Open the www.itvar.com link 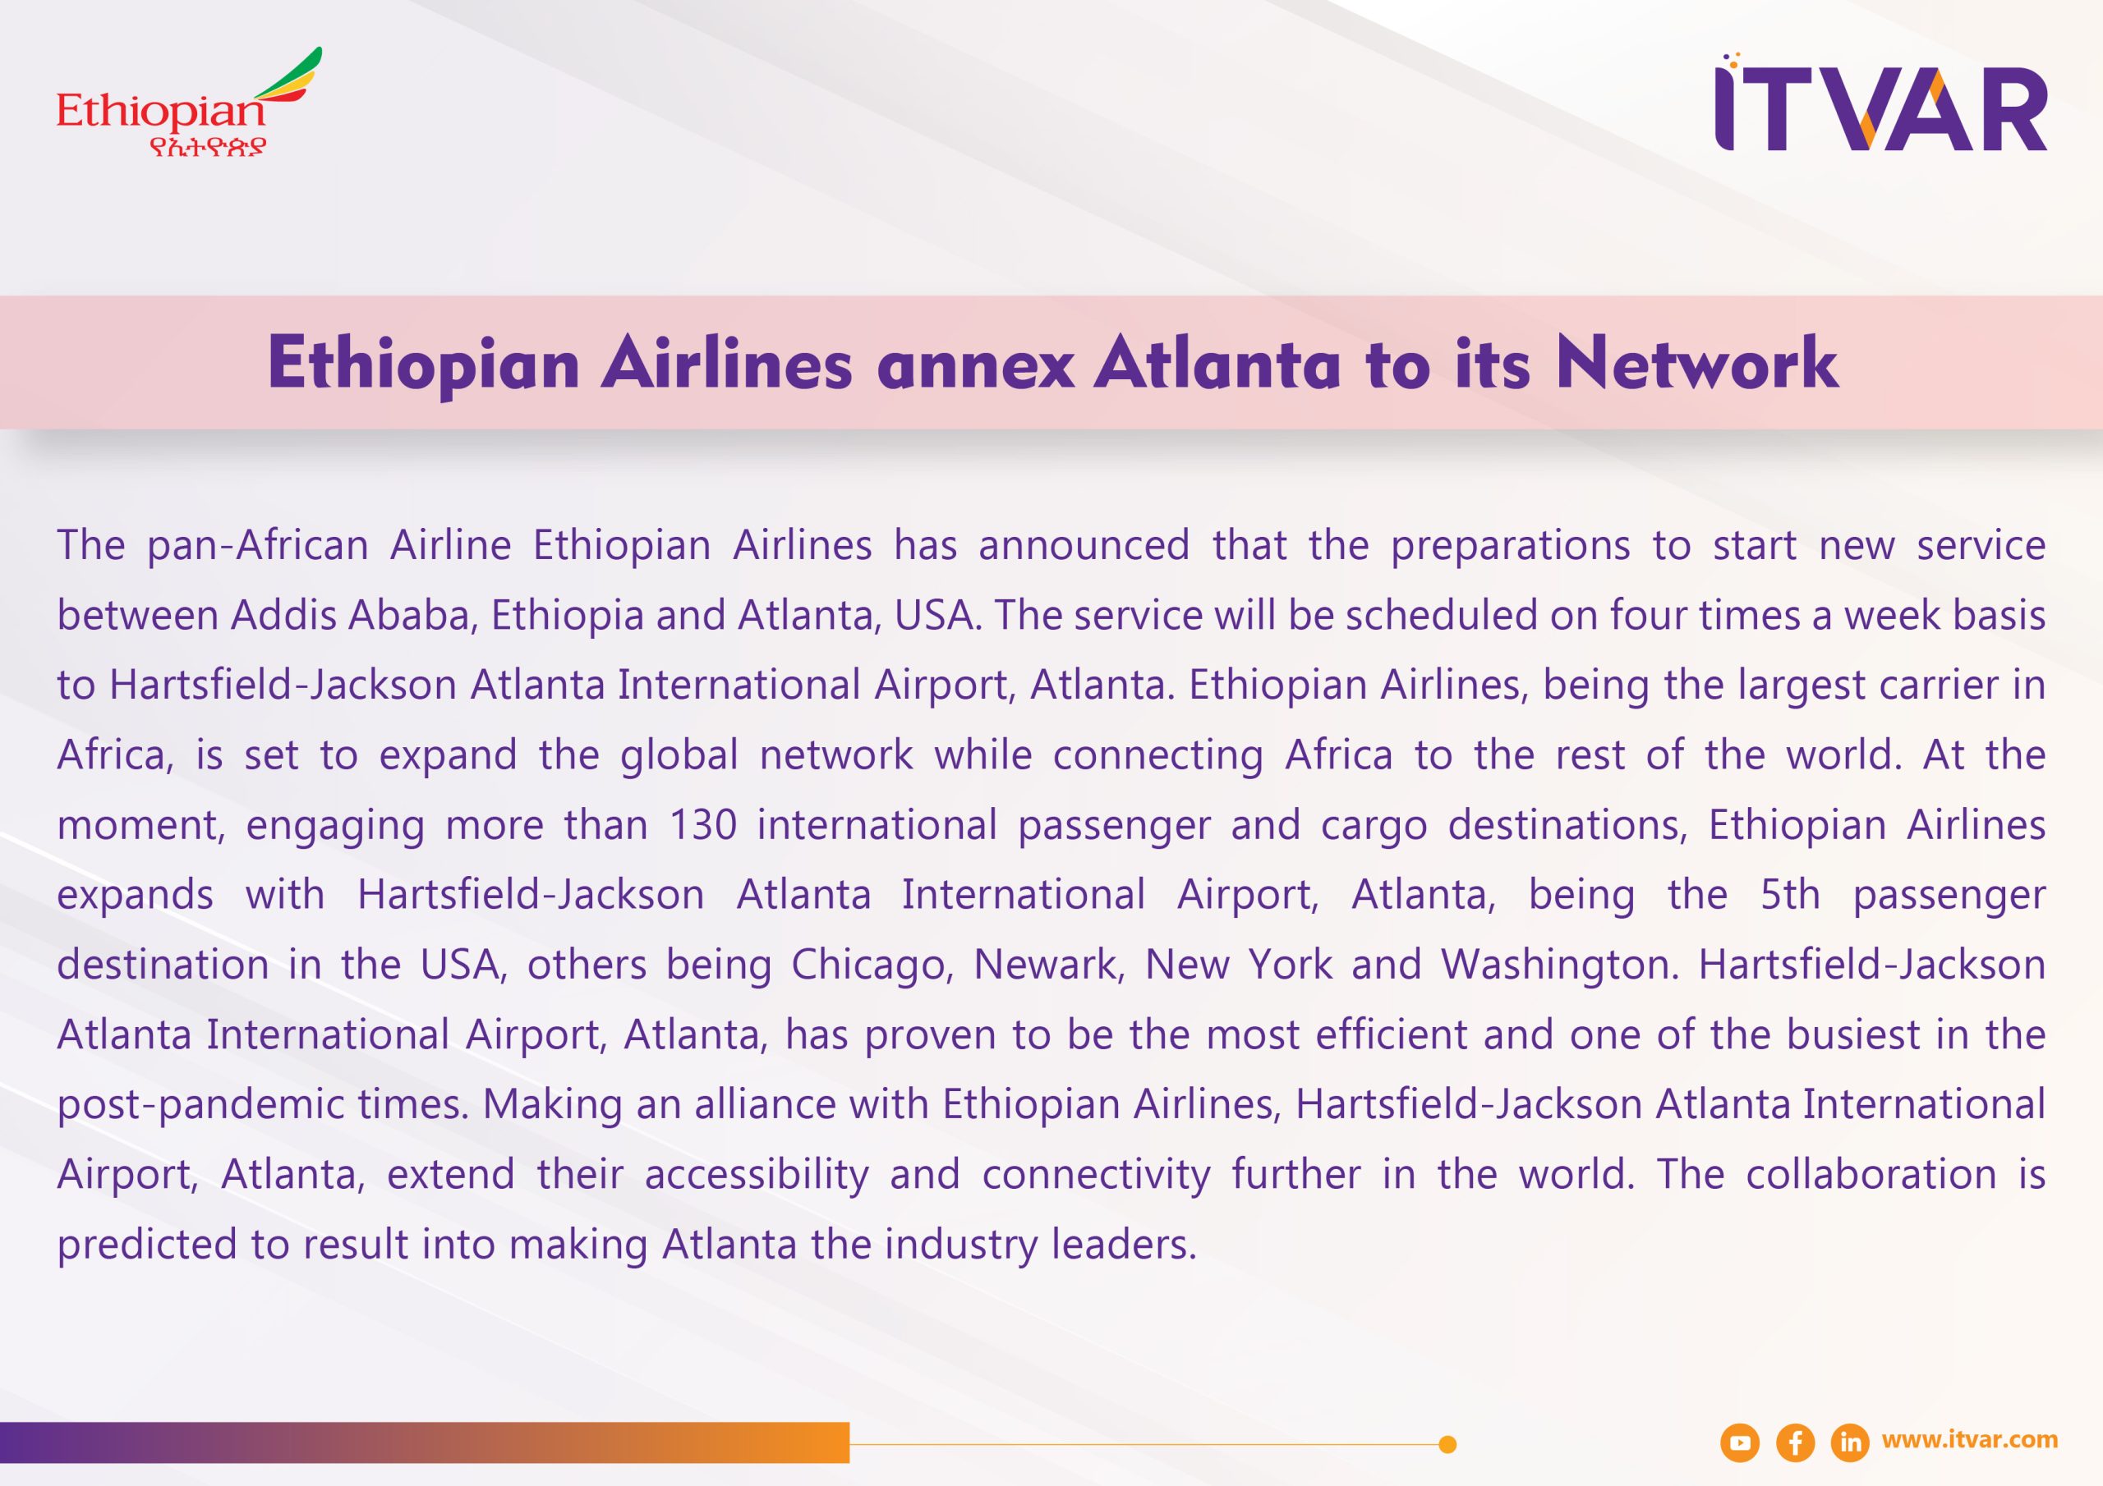(1969, 1440)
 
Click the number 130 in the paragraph (702, 825)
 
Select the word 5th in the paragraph (1790, 895)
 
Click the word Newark (1049, 965)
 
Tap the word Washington (1560, 965)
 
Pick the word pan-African (257, 546)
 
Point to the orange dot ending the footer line (1447, 1445)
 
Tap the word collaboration (1871, 1175)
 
